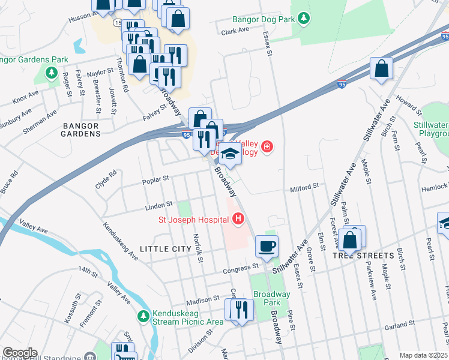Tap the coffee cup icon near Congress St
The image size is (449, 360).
point(267,245)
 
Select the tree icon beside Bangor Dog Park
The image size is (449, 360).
point(304,19)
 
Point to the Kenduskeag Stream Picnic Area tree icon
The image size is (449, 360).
point(143,316)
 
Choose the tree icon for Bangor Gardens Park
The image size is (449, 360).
point(52,75)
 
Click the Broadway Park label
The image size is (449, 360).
point(271,298)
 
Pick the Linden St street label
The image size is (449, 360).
point(158,205)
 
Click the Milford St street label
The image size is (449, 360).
point(305,188)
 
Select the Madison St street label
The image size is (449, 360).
point(203,299)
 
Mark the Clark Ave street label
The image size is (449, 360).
point(235,30)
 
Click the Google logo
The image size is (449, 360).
point(19,353)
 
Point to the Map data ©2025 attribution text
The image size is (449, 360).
point(424,355)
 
